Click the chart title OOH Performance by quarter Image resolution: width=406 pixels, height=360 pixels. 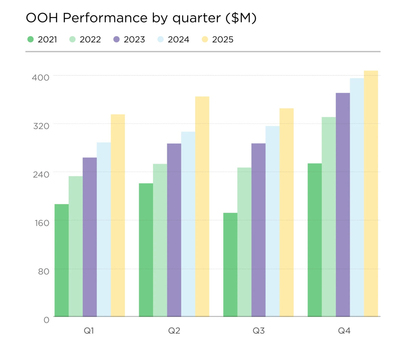(x=141, y=18)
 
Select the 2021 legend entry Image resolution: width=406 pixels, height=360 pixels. (x=42, y=40)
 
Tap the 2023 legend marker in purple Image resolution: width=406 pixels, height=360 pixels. (x=116, y=40)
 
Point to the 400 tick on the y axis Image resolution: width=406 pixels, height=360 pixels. (x=40, y=77)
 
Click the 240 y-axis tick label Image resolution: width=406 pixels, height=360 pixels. (x=40, y=174)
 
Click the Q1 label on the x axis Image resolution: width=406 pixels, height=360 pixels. (x=89, y=331)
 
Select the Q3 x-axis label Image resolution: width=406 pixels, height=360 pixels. (x=259, y=331)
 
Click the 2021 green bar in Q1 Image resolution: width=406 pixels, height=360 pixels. (x=61, y=260)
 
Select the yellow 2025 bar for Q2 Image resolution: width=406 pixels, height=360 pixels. (x=202, y=206)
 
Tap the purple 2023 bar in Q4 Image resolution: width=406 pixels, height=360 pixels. (x=343, y=205)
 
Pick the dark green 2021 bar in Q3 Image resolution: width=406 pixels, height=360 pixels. (x=230, y=264)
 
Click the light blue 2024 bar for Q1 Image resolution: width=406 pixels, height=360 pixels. (x=104, y=229)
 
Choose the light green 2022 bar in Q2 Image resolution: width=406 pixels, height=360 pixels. (x=160, y=240)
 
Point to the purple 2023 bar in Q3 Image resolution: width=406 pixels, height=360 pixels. (x=259, y=230)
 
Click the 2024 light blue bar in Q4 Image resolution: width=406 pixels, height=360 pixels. (x=357, y=197)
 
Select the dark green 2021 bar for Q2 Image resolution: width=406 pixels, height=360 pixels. (x=146, y=250)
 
